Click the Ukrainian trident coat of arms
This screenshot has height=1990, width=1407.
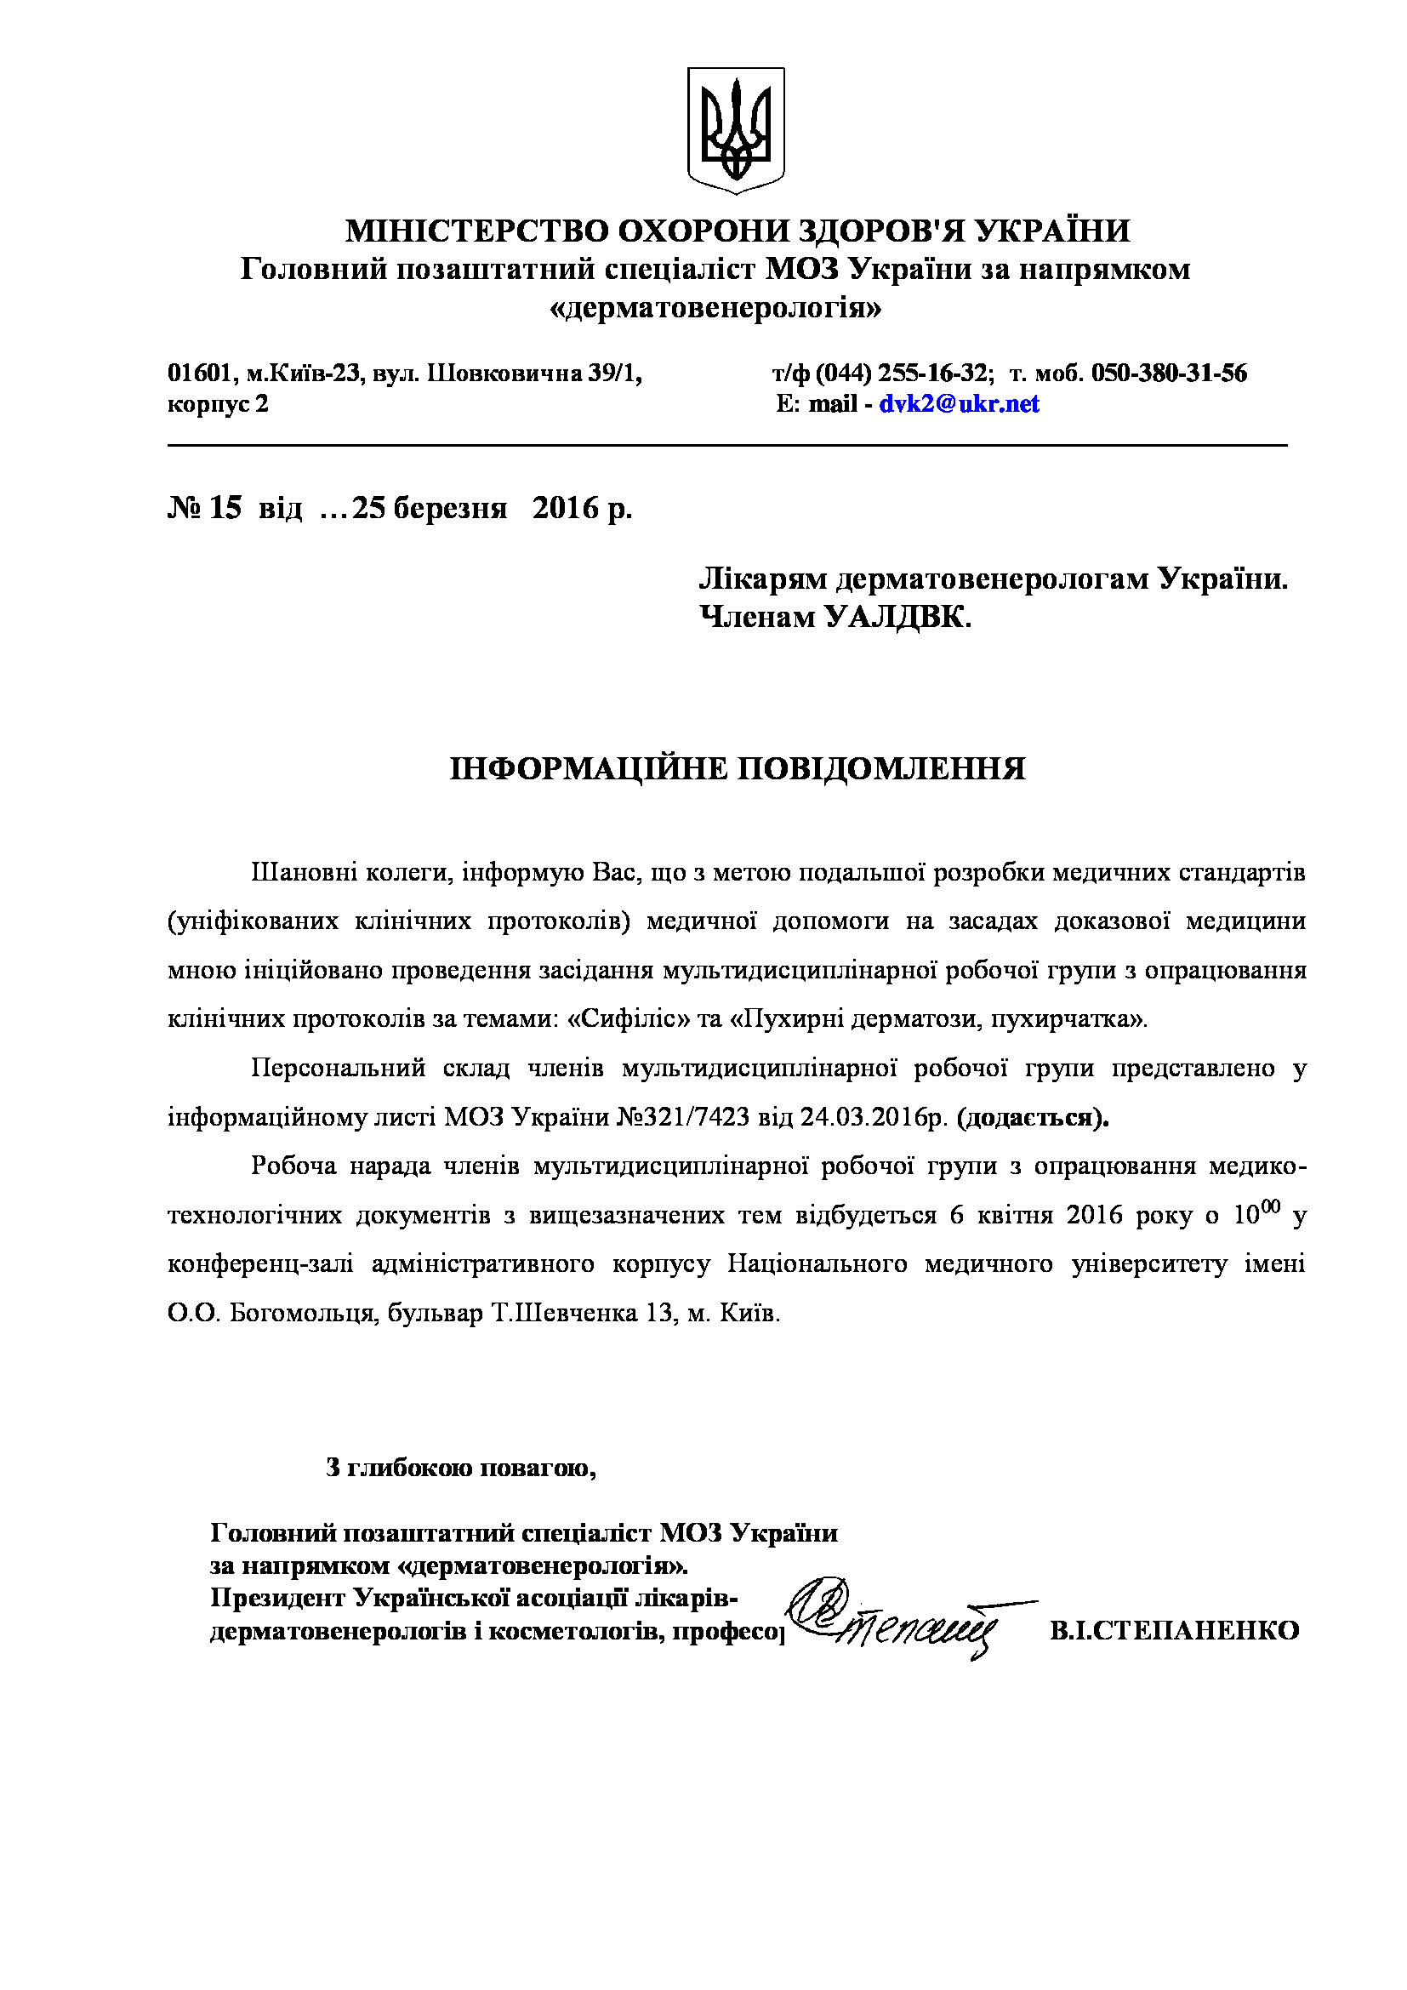point(736,130)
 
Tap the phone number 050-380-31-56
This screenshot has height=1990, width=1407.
point(1169,373)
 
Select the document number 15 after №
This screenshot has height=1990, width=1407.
point(225,508)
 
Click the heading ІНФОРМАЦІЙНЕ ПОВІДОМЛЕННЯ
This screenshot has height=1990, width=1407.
point(738,769)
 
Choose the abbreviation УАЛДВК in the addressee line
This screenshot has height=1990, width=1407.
point(897,617)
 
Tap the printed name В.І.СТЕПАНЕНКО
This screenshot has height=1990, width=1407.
point(1174,1630)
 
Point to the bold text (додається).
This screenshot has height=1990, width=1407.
point(1033,1117)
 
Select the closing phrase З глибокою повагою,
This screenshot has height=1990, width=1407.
point(461,1468)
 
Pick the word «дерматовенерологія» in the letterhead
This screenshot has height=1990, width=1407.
point(715,309)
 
